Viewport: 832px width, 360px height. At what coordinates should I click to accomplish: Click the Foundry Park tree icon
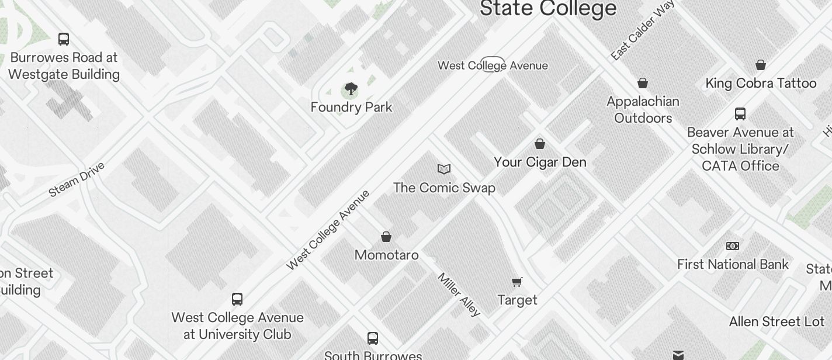point(351,89)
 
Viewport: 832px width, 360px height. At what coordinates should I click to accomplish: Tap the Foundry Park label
point(351,108)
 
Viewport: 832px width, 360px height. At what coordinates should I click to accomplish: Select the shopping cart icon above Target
point(516,282)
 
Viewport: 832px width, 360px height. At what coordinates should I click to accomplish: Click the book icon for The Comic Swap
point(444,169)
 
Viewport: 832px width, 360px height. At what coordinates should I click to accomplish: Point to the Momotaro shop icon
point(386,237)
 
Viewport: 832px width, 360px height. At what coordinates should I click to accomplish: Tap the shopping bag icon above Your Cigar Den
point(540,143)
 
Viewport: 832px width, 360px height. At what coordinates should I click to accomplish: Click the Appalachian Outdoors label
point(643,110)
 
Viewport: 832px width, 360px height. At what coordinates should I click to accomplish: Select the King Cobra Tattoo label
point(761,83)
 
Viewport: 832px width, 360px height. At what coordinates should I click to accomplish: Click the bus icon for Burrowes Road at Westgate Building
point(64,39)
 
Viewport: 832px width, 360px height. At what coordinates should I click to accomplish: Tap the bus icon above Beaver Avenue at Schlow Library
point(740,113)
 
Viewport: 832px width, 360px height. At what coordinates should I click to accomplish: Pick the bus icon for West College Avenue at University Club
point(237,299)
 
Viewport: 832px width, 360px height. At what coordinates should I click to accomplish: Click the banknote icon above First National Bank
point(733,246)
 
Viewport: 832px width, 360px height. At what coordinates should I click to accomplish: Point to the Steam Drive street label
point(77,179)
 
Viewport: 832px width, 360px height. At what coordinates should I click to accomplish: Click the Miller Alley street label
point(459,295)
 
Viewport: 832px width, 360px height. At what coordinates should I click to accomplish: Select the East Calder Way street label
point(643,30)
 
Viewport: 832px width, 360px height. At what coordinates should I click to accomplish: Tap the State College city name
point(548,8)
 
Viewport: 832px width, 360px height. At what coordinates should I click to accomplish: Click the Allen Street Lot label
point(776,322)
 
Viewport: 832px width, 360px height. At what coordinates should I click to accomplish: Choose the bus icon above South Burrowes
point(373,338)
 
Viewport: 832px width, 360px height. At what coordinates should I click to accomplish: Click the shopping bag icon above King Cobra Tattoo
point(761,65)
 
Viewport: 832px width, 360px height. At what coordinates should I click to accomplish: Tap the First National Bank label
point(733,265)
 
